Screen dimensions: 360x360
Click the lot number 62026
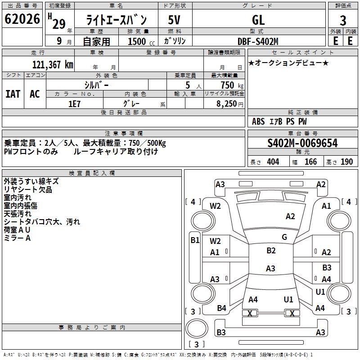pos(21,20)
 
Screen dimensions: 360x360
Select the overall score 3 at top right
pos(343,21)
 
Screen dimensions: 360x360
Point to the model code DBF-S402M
pos(258,41)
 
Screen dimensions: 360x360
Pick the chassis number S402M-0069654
pos(302,143)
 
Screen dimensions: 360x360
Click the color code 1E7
pos(74,103)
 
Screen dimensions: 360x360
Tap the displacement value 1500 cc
pos(138,41)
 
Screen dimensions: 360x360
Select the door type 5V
pos(175,20)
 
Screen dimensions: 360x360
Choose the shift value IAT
pos(13,94)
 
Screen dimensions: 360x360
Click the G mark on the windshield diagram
pos(284,237)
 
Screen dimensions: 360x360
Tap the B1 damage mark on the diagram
pos(195,240)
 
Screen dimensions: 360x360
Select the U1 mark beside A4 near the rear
pos(320,292)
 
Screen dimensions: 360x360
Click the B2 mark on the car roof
pos(271,251)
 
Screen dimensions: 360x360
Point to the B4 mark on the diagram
pos(222,308)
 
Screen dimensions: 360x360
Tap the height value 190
pos(347,162)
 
